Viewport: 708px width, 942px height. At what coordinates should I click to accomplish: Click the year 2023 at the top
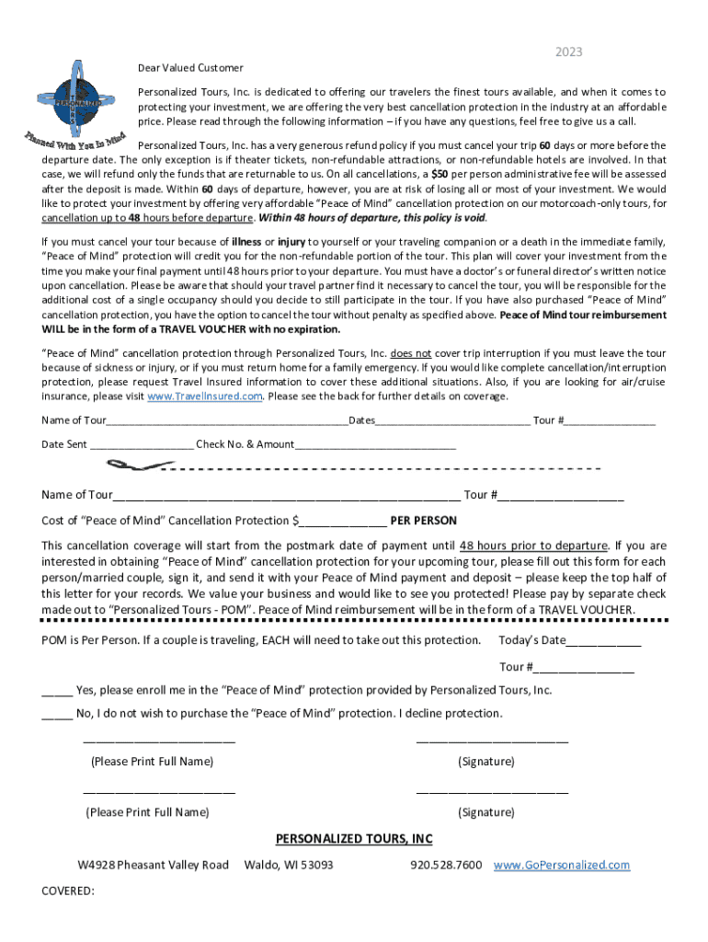coord(568,52)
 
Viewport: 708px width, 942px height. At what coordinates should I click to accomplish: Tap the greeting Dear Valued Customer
coord(190,68)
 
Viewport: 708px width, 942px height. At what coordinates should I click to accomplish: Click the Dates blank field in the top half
coord(452,421)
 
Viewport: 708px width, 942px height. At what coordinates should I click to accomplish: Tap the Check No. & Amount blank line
coord(375,445)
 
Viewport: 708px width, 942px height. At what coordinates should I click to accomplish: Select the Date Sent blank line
coord(142,445)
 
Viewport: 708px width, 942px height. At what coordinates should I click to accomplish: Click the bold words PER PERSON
coord(423,521)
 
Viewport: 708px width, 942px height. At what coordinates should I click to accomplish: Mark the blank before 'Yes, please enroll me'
coord(57,690)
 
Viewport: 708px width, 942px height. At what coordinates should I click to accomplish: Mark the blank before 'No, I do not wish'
coord(57,714)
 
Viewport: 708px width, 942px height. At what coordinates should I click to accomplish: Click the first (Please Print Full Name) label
coord(152,762)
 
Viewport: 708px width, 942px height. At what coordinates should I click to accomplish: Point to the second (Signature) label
coord(485,812)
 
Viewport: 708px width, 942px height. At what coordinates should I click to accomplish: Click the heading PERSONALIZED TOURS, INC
coord(354,839)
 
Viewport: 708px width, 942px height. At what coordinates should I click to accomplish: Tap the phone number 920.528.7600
coord(445,866)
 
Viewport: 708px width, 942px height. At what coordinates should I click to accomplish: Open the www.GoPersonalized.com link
coord(562,866)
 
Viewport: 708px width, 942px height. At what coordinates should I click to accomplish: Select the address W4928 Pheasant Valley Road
coord(153,866)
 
